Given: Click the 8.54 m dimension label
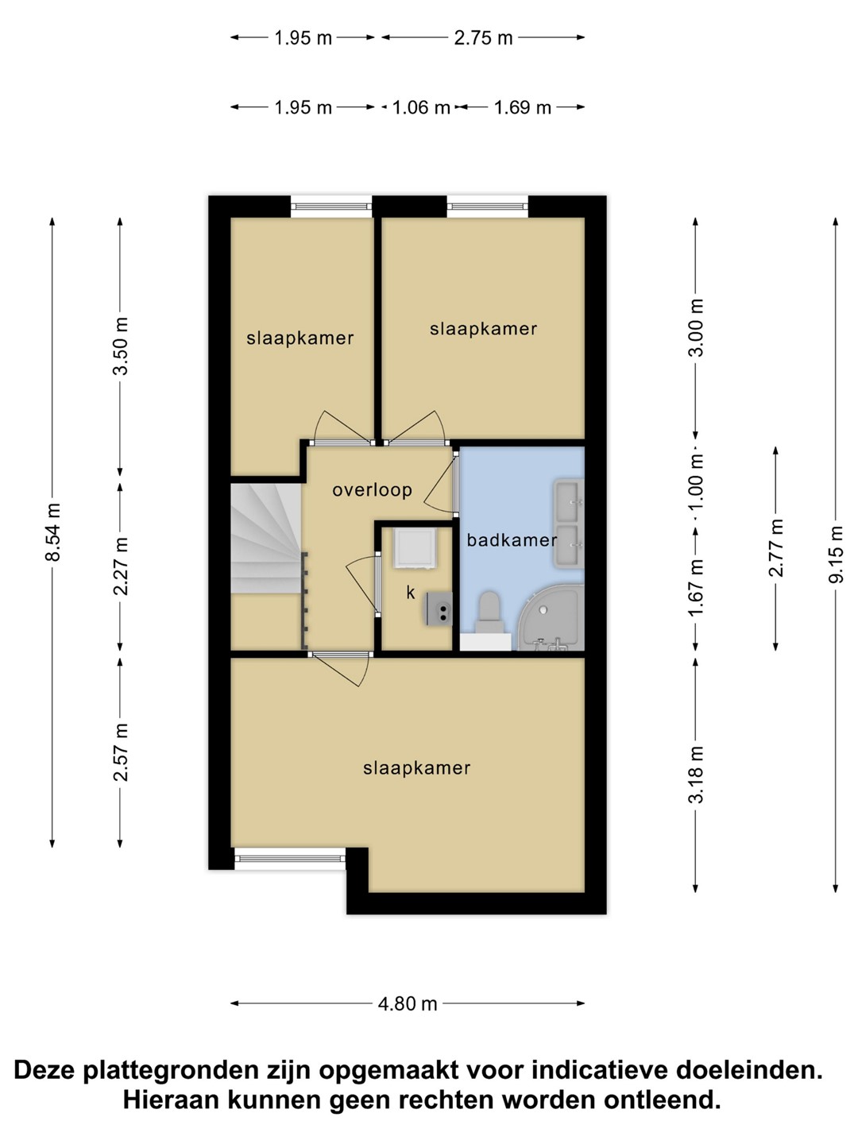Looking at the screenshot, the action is pos(53,531).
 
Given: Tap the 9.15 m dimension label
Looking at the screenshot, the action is pos(835,555).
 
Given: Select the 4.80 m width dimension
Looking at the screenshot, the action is pos(408,1003).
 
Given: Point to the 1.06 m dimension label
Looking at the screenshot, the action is pos(421,107).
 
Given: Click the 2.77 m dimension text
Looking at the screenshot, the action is pos(776,547).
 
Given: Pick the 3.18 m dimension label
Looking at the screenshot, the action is pos(696,775).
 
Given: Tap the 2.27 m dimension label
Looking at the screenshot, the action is pos(120,566).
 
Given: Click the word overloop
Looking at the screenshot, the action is pos(372,490).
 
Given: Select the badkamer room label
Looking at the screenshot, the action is pos(512,540).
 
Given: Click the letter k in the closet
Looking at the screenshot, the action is pos(411,592).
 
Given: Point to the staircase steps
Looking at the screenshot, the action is pos(266,539).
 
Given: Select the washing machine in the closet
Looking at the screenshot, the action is pos(413,547).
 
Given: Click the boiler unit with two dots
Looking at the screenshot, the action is pos(439,609).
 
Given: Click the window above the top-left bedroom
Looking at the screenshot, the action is pos(331,207).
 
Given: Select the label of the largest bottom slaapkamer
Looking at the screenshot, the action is pos(417,768).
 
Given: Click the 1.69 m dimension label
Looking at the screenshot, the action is pos(522,107).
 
